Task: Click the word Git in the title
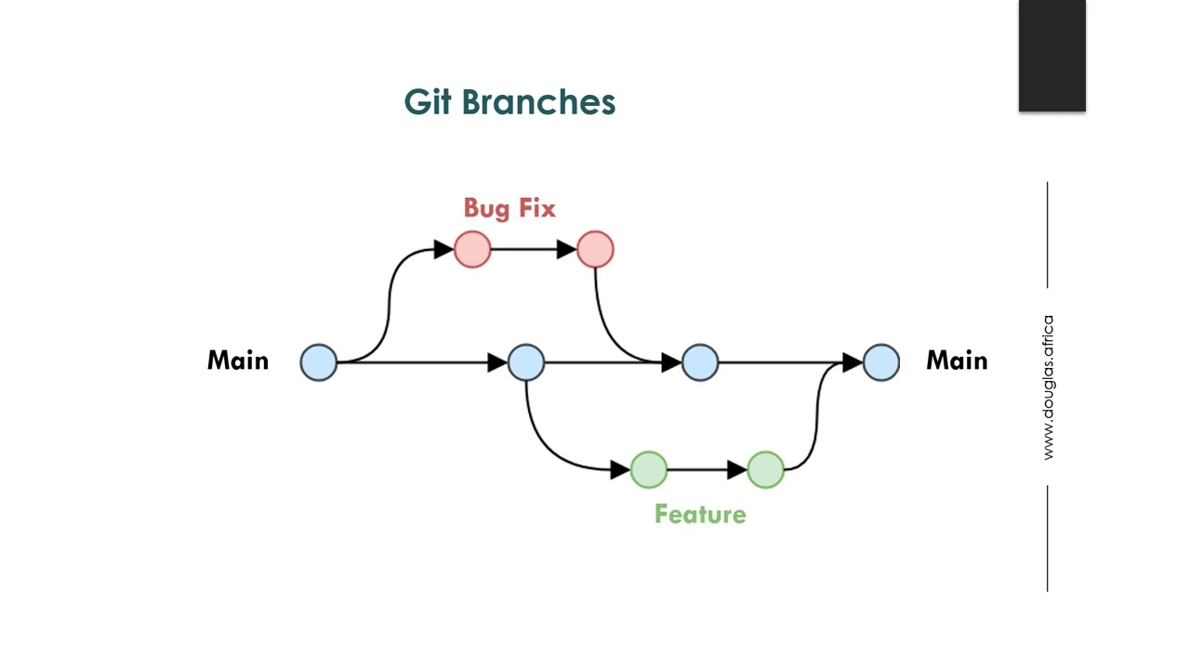428,101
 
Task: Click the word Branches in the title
538,101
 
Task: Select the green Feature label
700,514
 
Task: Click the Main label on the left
238,361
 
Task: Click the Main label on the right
957,361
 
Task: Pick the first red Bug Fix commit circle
472,249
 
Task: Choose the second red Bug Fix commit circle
595,249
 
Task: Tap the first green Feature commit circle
649,470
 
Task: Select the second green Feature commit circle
765,470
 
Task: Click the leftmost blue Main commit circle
319,362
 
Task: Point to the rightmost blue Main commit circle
881,362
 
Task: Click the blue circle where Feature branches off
526,362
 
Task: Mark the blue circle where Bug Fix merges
700,362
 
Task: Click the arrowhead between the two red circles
566,249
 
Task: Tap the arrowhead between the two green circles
737,470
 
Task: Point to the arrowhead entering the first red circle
443,249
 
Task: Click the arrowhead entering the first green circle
620,470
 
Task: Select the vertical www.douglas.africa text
1048,387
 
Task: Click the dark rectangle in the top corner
1051,56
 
